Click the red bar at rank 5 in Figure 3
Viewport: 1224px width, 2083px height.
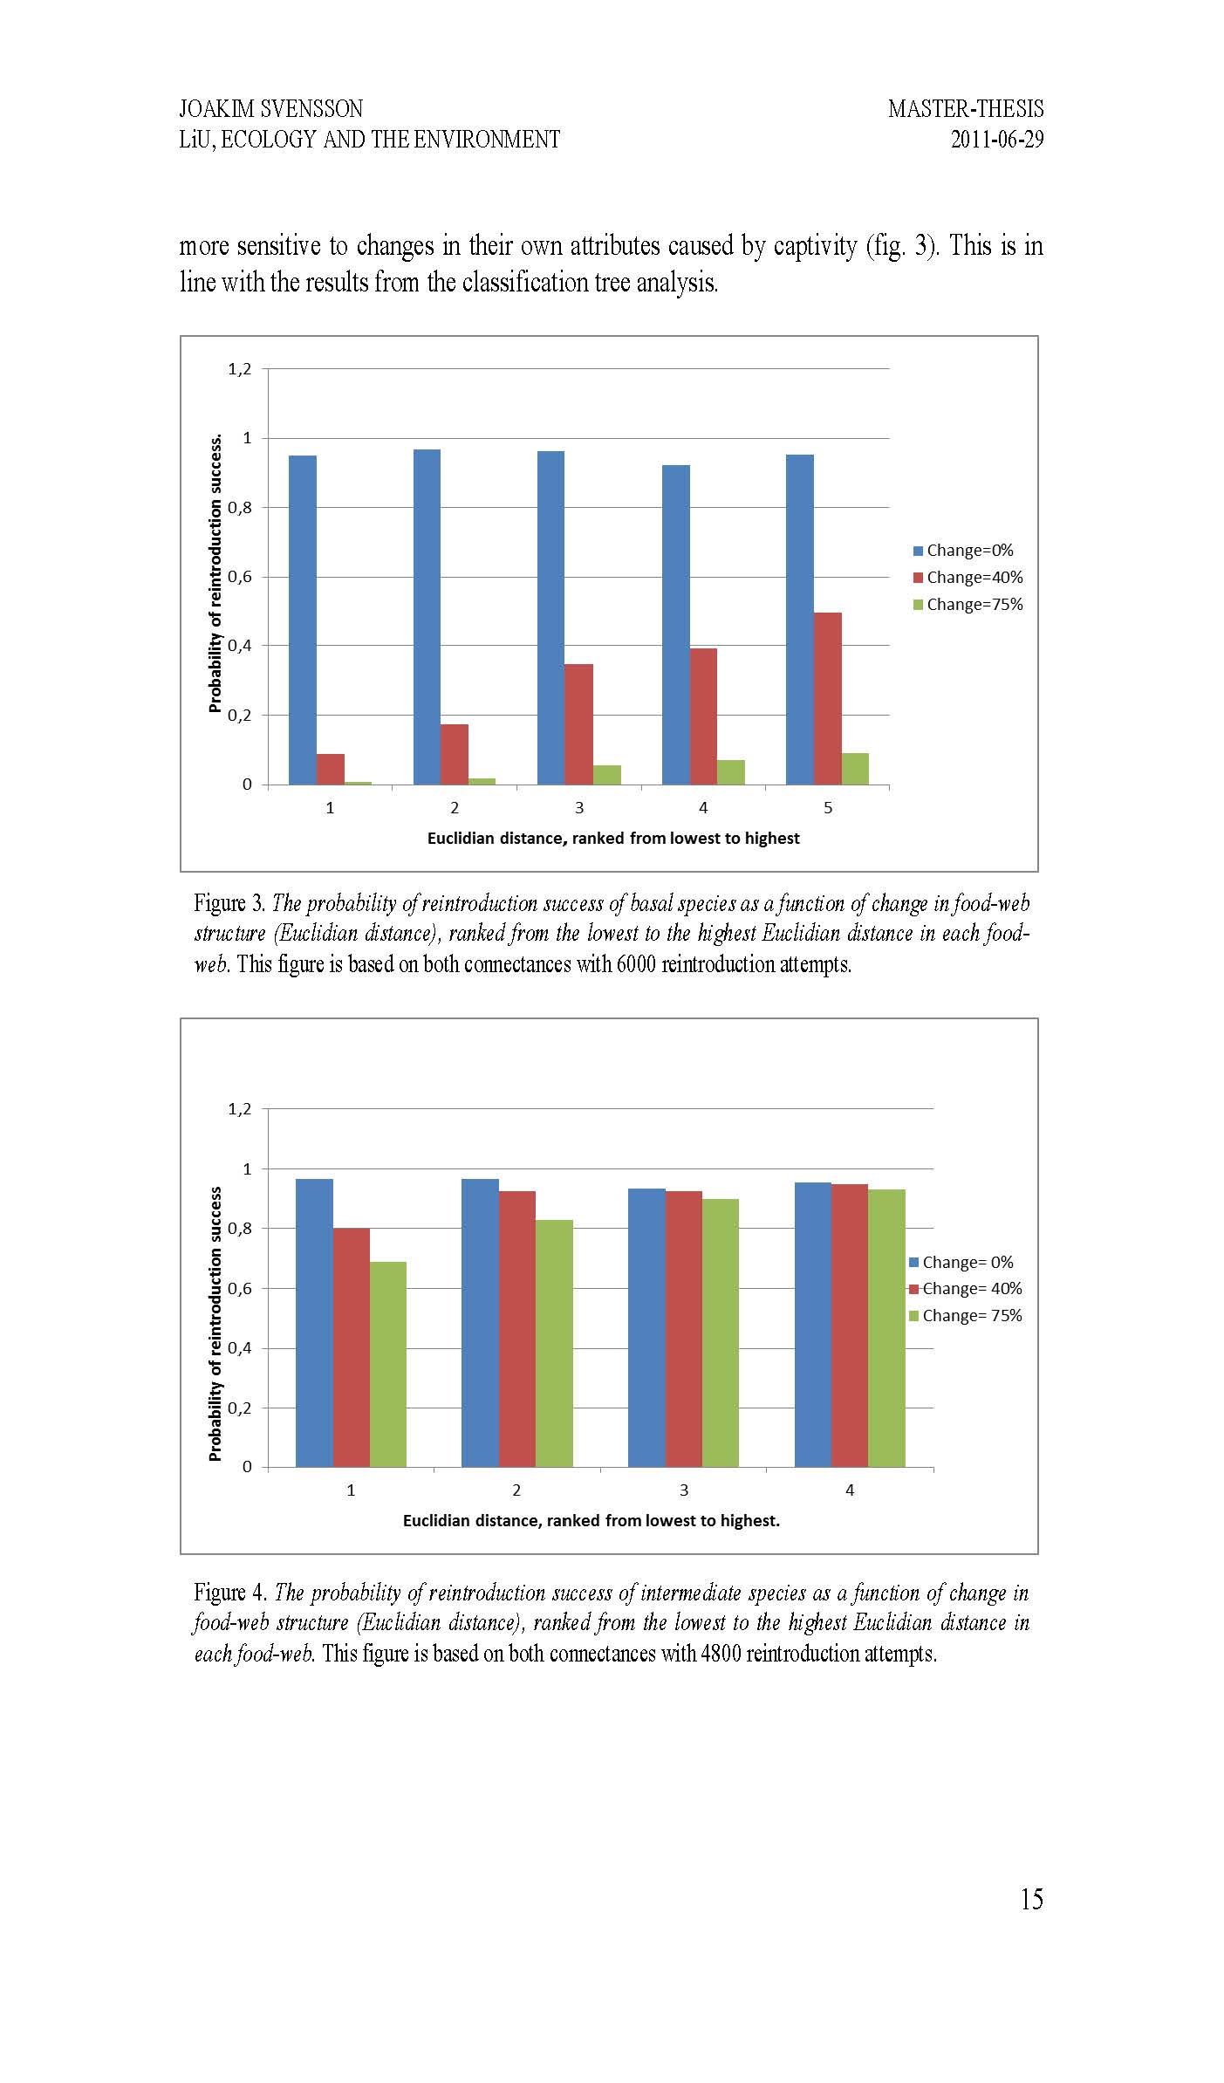click(827, 698)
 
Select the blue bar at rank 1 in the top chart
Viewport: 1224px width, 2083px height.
click(302, 620)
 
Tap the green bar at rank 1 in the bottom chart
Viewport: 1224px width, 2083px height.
click(387, 1364)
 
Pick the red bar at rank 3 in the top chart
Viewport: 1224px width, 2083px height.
click(578, 724)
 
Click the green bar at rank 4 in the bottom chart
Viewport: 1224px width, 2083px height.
click(886, 1327)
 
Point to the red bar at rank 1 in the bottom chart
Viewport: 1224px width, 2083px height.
click(351, 1347)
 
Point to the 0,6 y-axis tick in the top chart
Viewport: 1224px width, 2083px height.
click(239, 577)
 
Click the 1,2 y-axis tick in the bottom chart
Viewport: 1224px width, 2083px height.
click(239, 1109)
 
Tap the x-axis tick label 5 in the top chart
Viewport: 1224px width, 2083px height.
click(828, 808)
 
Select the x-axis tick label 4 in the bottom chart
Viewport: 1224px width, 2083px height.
click(850, 1490)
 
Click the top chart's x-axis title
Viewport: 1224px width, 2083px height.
click(612, 839)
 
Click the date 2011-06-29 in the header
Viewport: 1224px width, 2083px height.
click(996, 140)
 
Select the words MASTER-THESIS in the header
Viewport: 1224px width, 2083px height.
click(965, 109)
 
